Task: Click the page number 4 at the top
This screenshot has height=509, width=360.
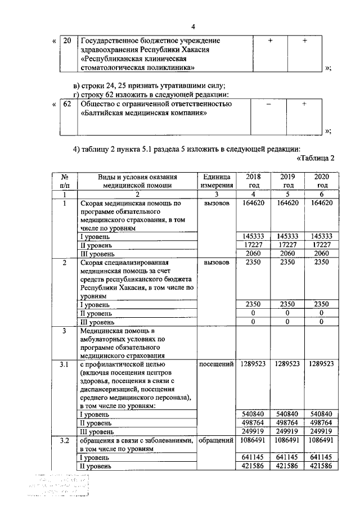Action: tap(193, 27)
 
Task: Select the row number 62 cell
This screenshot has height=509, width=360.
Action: tap(67, 105)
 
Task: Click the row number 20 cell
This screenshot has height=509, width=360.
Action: tap(67, 41)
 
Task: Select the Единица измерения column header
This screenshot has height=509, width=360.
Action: tap(215, 181)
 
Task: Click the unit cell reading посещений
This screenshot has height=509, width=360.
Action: tap(215, 364)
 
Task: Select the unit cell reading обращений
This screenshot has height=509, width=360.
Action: tap(215, 440)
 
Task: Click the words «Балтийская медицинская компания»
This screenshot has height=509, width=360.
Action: tap(144, 114)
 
